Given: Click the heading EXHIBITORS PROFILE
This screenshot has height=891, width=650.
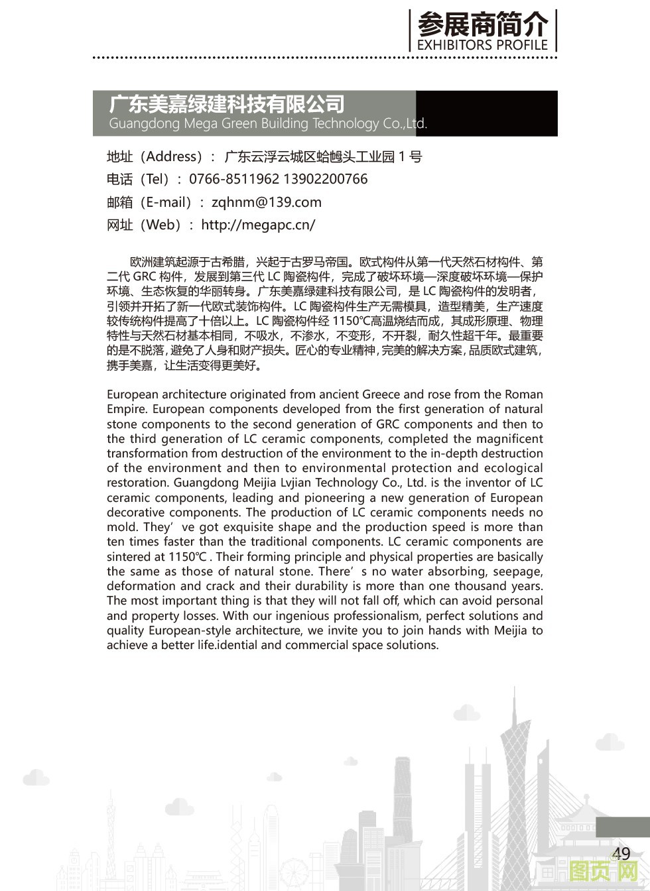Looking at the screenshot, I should point(482,44).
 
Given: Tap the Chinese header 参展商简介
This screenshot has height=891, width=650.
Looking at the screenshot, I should point(482,25).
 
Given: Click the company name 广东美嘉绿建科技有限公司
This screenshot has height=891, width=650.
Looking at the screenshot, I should point(227,104).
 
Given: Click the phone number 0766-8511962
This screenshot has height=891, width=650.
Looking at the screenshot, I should point(234,179).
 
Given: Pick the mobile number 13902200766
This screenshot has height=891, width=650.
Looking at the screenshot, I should point(325,179).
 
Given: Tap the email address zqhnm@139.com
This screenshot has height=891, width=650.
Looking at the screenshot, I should point(266,202).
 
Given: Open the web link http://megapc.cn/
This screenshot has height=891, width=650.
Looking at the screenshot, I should point(258,225).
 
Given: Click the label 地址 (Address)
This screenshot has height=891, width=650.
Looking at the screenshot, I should point(155,156).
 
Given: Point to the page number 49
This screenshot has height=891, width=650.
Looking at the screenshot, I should point(621,853).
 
